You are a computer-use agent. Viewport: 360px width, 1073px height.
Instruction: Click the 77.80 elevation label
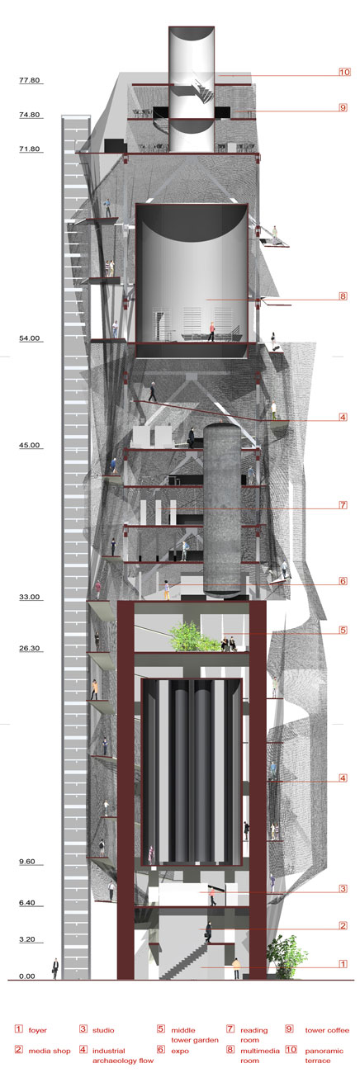[29, 80]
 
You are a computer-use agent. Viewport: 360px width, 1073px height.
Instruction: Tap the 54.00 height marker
[29, 338]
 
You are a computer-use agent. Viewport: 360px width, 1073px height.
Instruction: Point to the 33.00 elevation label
[29, 597]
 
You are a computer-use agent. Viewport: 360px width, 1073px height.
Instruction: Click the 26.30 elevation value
[29, 649]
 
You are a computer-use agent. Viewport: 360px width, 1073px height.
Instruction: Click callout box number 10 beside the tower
[344, 73]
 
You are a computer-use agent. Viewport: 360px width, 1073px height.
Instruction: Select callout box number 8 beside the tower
[343, 296]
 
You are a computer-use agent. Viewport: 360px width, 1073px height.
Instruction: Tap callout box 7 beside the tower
[343, 505]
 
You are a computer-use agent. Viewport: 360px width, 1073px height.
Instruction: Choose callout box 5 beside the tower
[343, 630]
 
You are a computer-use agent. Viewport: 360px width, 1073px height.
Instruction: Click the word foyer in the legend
[37, 1030]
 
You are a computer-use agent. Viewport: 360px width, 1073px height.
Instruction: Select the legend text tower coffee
[327, 1030]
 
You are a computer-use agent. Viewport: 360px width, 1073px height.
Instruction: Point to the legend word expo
[180, 1051]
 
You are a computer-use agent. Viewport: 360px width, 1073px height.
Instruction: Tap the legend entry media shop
[50, 1051]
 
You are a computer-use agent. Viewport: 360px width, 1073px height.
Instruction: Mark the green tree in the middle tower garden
[189, 637]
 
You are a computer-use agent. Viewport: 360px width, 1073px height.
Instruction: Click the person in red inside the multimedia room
[211, 332]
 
